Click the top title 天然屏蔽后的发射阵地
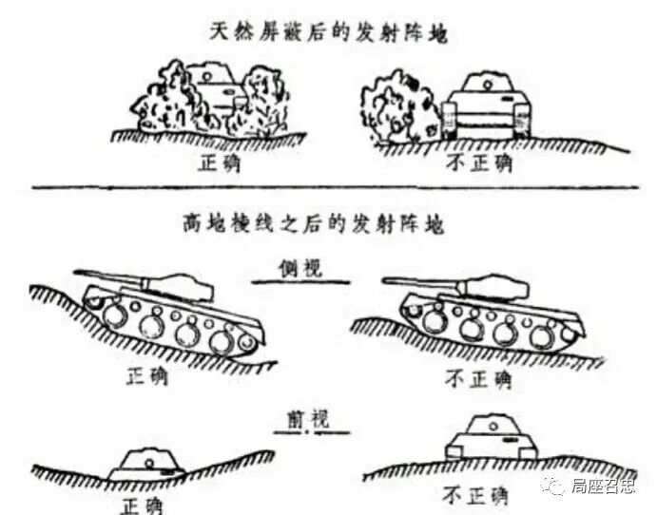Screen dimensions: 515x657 (x=327, y=31)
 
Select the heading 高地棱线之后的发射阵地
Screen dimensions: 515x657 (x=327, y=225)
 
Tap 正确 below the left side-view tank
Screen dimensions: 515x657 (x=146, y=375)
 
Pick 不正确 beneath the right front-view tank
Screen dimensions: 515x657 (x=475, y=496)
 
